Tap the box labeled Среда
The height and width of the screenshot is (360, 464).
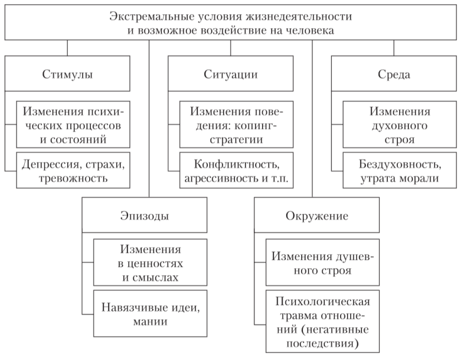394,75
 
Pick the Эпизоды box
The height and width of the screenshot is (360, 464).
144,215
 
